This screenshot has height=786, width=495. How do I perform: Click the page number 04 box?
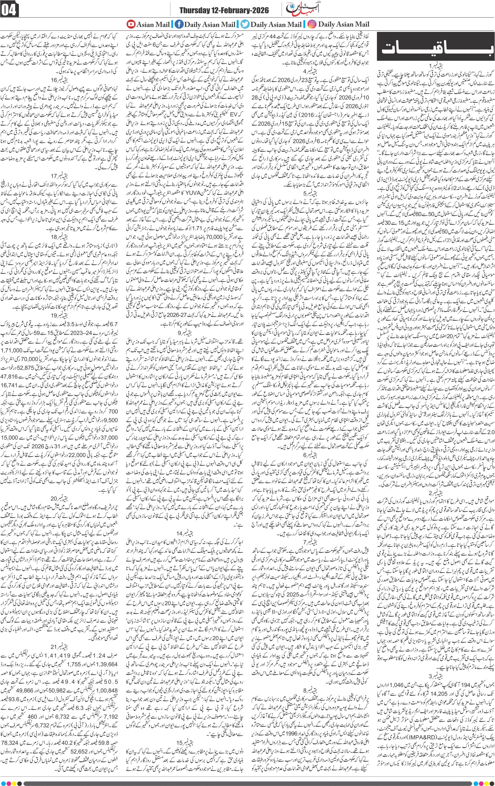[x=10, y=11]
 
